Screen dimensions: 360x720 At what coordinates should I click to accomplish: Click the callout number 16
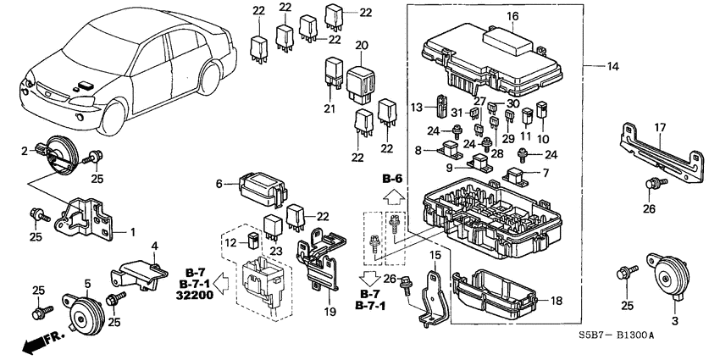coord(512,16)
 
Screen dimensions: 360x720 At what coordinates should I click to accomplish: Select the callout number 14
coord(612,64)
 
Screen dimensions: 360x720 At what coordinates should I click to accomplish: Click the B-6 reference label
coord(390,180)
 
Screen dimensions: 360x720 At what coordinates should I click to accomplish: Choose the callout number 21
coord(331,109)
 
